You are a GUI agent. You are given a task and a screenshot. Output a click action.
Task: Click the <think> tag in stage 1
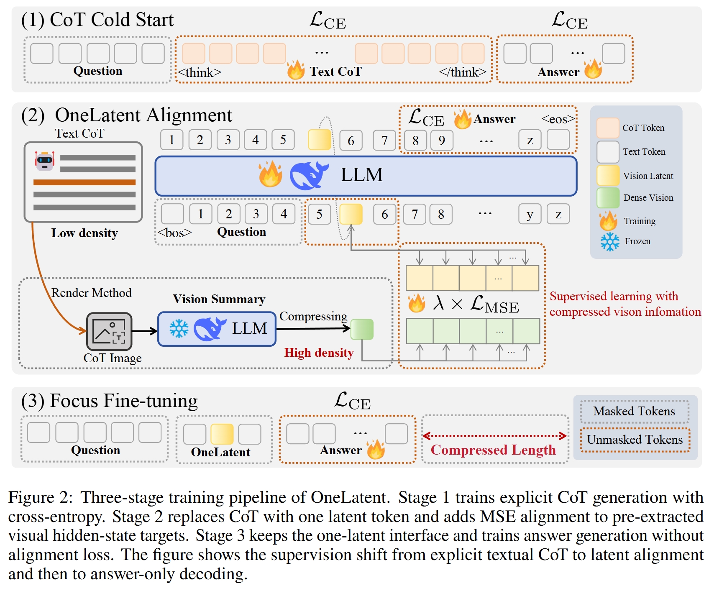coord(200,72)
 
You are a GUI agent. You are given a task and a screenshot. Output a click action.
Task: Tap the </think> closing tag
coord(463,72)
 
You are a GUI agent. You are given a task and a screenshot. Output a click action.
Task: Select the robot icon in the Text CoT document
coord(45,161)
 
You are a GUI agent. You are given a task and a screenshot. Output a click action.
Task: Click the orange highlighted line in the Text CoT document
coord(84,182)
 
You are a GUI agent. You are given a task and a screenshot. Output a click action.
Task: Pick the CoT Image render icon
coord(109,331)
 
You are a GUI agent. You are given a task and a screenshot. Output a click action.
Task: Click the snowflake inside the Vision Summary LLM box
coord(179,329)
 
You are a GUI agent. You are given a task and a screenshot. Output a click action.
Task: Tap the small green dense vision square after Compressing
coord(362,329)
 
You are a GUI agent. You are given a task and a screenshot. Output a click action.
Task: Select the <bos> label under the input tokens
coord(174,233)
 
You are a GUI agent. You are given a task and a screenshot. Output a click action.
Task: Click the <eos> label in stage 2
coord(558,119)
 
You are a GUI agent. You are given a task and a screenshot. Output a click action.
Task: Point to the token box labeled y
coord(530,214)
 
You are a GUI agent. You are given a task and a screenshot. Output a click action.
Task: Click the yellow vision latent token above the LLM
coord(320,140)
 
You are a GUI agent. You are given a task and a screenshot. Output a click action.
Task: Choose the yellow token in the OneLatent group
coord(222,434)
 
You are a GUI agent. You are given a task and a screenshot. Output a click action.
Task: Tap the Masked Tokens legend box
coord(634,412)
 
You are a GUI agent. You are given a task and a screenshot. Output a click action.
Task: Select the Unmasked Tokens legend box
coord(635,440)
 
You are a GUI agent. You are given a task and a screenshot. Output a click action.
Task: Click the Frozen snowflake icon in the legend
coord(610,242)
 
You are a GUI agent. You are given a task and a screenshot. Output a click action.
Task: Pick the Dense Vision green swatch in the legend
coord(608,198)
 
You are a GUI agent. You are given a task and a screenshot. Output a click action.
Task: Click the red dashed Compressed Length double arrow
coord(494,436)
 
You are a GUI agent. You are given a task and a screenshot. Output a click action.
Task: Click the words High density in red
coord(319,353)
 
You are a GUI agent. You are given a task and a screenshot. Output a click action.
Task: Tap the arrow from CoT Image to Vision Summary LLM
coord(145,331)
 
